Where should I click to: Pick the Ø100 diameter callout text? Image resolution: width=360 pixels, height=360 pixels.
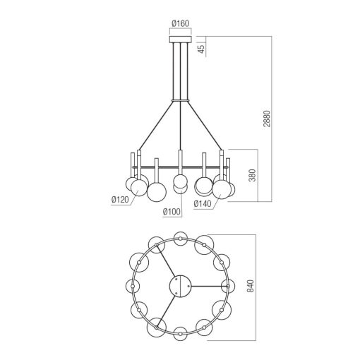(x=172, y=211)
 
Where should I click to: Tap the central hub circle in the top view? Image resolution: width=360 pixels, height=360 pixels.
(x=180, y=285)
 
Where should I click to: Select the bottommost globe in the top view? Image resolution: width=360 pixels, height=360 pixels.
(x=181, y=332)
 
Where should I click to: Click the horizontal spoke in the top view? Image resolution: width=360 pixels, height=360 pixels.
(x=208, y=285)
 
